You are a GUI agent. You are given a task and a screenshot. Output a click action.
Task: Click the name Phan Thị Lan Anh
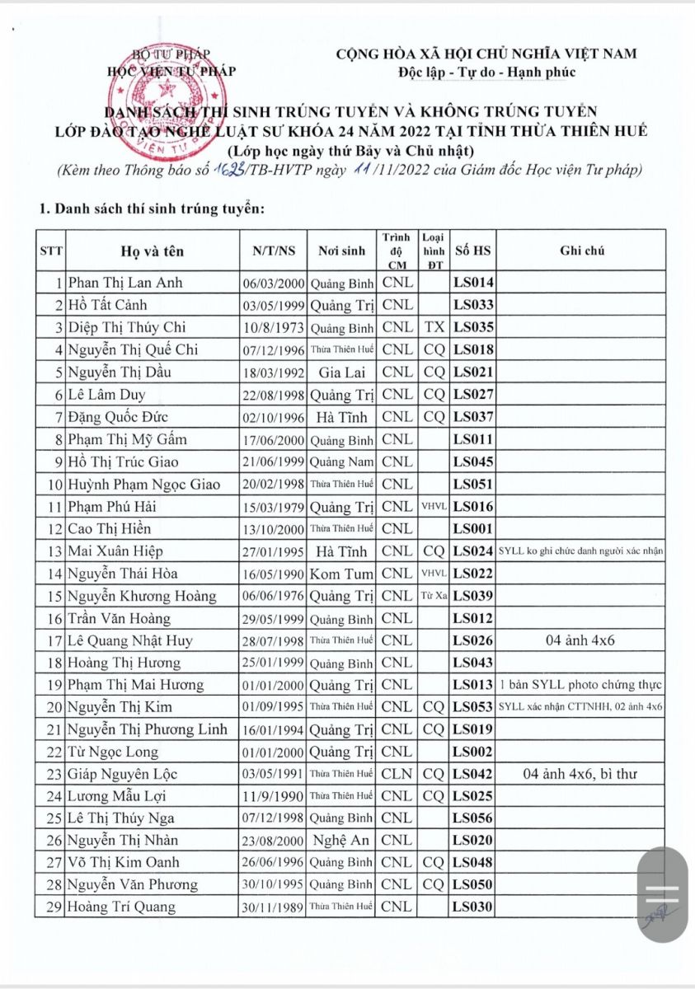tap(125, 283)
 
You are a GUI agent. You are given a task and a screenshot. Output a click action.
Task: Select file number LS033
tap(473, 305)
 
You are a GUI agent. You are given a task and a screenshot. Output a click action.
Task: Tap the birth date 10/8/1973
tap(275, 327)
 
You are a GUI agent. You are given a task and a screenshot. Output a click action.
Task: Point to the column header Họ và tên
tap(153, 251)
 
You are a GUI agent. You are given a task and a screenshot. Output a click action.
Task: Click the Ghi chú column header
tap(581, 251)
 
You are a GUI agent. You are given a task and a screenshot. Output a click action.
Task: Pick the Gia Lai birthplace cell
tap(341, 372)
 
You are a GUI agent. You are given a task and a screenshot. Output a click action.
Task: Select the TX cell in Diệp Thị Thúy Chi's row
tap(434, 327)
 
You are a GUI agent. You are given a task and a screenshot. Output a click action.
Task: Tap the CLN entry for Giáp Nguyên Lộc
tap(397, 774)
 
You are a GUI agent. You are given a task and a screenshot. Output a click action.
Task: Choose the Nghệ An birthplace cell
tap(341, 841)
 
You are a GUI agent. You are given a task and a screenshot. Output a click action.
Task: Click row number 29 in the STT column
tap(56, 907)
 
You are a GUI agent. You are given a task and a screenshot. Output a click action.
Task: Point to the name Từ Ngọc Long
tap(113, 752)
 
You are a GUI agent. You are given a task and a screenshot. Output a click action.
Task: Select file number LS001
tap(473, 528)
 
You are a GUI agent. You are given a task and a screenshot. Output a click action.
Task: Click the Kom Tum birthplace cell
tap(341, 573)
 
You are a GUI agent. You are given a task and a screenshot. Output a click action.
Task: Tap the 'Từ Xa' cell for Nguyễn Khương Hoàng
tap(434, 596)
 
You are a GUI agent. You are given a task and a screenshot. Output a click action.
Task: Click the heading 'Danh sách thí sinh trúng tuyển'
tap(152, 209)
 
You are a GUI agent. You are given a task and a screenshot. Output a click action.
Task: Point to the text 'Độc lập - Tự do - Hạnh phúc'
tap(486, 72)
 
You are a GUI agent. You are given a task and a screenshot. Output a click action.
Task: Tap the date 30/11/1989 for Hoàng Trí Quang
tap(275, 907)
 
